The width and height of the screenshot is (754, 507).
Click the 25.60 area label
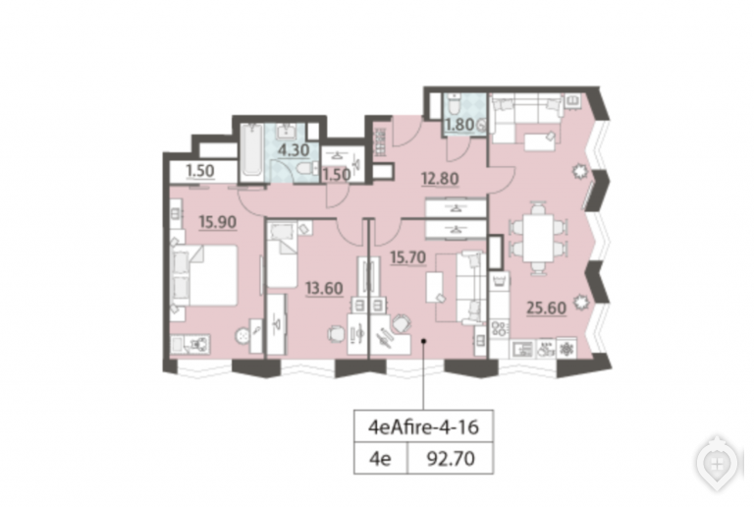click(x=546, y=308)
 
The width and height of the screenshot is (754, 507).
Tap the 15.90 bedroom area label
click(x=218, y=222)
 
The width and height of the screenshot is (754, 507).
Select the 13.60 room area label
click(x=324, y=288)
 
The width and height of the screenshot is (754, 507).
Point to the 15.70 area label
click(x=407, y=257)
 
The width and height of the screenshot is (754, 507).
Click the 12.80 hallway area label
click(x=440, y=179)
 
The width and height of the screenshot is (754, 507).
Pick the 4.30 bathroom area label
click(x=294, y=150)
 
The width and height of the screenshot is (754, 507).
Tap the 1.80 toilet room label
click(x=459, y=125)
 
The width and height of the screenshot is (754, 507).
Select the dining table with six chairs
click(x=538, y=238)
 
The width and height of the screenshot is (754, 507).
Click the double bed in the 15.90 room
click(x=205, y=276)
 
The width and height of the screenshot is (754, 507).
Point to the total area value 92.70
click(x=451, y=459)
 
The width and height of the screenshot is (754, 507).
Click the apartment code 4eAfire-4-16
click(x=424, y=426)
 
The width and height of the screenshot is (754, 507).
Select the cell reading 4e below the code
click(x=380, y=459)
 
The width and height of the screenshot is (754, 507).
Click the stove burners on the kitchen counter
click(x=499, y=328)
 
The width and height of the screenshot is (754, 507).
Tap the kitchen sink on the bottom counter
click(x=522, y=349)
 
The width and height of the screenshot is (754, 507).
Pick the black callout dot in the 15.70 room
click(x=424, y=342)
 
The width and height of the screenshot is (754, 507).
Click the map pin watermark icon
click(x=717, y=463)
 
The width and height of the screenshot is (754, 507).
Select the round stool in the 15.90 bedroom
click(x=242, y=336)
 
